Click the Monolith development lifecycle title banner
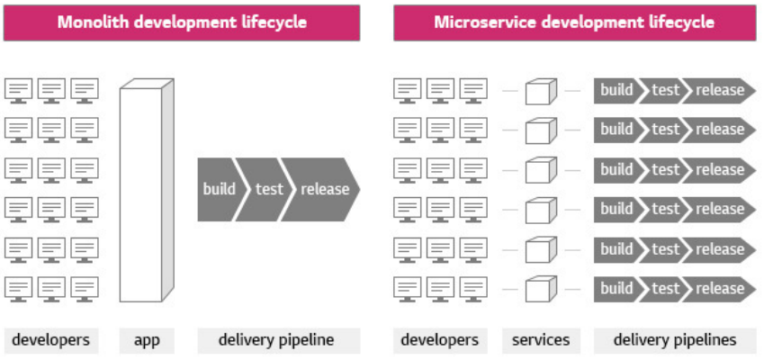(x=182, y=22)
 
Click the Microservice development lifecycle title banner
(x=573, y=22)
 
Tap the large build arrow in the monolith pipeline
(x=219, y=189)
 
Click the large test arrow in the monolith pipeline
(x=268, y=189)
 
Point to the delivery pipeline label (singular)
(x=276, y=340)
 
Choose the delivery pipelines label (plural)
(x=675, y=340)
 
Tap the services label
(x=541, y=340)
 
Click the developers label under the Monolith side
(x=50, y=340)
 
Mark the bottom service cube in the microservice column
(x=539, y=289)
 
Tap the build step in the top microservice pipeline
(x=616, y=90)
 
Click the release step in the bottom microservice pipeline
(x=720, y=289)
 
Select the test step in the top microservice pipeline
(x=666, y=90)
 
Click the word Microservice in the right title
(x=477, y=22)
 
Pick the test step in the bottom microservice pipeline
(x=666, y=289)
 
